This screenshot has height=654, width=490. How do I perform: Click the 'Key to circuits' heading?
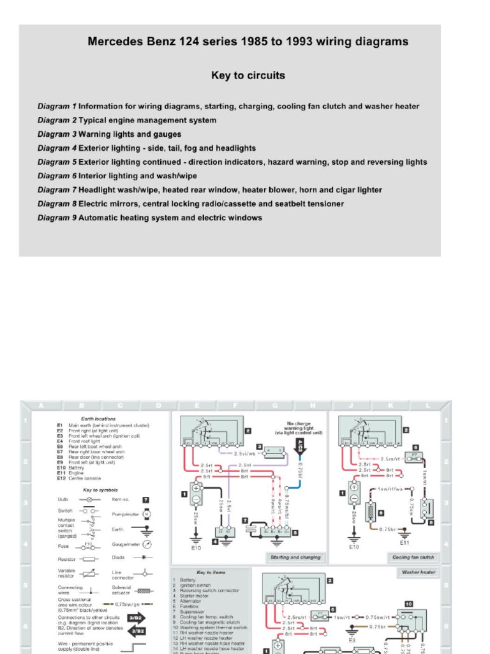pyautogui.click(x=248, y=75)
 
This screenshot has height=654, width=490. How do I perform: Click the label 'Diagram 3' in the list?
pyautogui.click(x=57, y=134)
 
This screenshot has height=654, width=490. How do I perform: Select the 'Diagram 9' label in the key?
pyautogui.click(x=57, y=218)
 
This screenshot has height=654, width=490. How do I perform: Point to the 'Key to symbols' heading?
pyautogui.click(x=98, y=489)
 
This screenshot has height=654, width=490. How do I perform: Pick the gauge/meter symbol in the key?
pyautogui.click(x=147, y=544)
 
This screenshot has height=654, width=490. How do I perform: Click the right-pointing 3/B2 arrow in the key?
pyautogui.click(x=135, y=618)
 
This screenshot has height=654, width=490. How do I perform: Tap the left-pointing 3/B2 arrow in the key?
pyautogui.click(x=135, y=630)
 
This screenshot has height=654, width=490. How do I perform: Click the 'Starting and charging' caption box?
pyautogui.click(x=295, y=557)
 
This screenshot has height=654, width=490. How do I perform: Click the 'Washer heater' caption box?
pyautogui.click(x=419, y=572)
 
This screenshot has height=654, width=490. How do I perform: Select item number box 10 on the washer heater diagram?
pyautogui.click(x=409, y=603)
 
